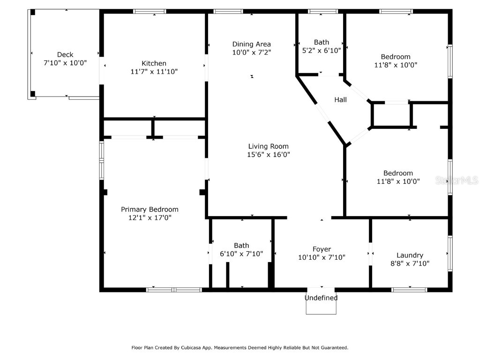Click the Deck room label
[x=65, y=54]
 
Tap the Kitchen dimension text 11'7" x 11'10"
[x=154, y=72]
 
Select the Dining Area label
[x=251, y=44]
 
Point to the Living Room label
[x=268, y=146]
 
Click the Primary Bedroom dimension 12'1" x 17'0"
[x=150, y=217]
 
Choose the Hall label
[x=340, y=100]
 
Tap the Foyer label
[x=322, y=249]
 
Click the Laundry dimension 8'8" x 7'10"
[x=410, y=263]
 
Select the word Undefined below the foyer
[x=321, y=298]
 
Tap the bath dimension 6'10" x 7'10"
[x=241, y=254]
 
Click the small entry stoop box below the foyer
[x=321, y=307]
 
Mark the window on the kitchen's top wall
[x=150, y=11]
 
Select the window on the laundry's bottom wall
[x=409, y=290]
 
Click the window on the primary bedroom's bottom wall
[x=174, y=290]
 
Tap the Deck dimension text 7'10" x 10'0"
[x=65, y=63]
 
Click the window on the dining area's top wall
[x=228, y=11]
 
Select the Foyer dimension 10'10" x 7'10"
[x=322, y=257]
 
